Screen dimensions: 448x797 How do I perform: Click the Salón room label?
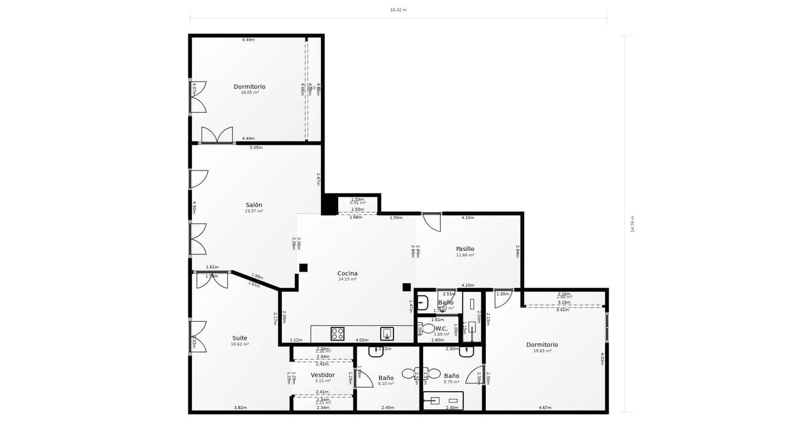pyautogui.click(x=254, y=205)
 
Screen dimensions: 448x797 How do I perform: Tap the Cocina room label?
pyautogui.click(x=347, y=273)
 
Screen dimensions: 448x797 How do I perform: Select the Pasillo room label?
pyautogui.click(x=465, y=249)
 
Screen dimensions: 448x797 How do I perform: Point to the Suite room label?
pyautogui.click(x=240, y=338)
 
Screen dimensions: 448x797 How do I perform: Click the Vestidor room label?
pyautogui.click(x=323, y=375)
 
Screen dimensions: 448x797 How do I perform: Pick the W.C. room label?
pyautogui.click(x=441, y=329)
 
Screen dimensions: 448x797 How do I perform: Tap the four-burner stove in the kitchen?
pyautogui.click(x=337, y=334)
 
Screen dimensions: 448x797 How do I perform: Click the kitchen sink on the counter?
pyautogui.click(x=387, y=334)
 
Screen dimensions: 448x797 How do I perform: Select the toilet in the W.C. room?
pyautogui.click(x=427, y=329)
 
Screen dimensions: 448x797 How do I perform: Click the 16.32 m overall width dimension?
pyautogui.click(x=398, y=10)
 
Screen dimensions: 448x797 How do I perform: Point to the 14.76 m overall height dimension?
pyautogui.click(x=633, y=224)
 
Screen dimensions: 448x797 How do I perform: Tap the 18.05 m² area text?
pyautogui.click(x=250, y=93)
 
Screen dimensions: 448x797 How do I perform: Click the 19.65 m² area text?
pyautogui.click(x=542, y=351)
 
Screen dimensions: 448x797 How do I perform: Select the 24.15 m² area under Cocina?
pyautogui.click(x=347, y=279)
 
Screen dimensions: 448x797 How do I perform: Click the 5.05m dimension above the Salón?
pyautogui.click(x=256, y=147)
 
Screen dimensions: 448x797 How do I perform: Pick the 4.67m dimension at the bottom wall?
pyautogui.click(x=545, y=408)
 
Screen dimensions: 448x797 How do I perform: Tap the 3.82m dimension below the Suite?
pyautogui.click(x=240, y=408)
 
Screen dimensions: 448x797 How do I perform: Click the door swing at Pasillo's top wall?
pyautogui.click(x=432, y=222)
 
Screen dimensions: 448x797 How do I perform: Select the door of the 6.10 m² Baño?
pyautogui.click(x=364, y=379)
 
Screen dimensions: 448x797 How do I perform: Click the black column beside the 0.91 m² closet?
pyautogui.click(x=329, y=205)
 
